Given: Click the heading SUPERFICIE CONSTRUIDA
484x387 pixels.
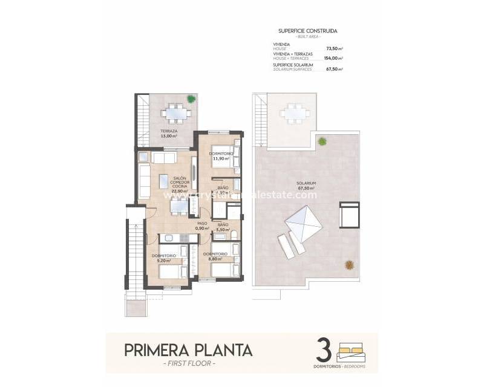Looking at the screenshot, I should (x=307, y=30).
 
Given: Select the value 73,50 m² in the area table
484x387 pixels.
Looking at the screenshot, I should (x=334, y=48).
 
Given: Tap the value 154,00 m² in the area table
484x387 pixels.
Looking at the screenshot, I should (x=333, y=58).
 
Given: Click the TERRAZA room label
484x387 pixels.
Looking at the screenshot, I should (x=169, y=134).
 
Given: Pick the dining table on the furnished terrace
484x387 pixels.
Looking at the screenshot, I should (x=176, y=112).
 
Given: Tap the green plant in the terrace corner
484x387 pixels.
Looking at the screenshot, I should (x=191, y=99).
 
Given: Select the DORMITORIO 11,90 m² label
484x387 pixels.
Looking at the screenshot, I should (x=221, y=156).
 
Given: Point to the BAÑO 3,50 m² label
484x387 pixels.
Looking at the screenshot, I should (x=223, y=227).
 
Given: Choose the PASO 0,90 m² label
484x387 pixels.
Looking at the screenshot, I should (x=202, y=226).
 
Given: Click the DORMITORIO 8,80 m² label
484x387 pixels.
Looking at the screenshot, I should (x=215, y=256).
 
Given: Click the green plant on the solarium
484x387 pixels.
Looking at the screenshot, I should (x=322, y=141).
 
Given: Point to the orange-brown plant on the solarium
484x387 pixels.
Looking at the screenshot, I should (x=349, y=264).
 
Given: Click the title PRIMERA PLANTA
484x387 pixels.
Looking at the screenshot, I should (x=189, y=350).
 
